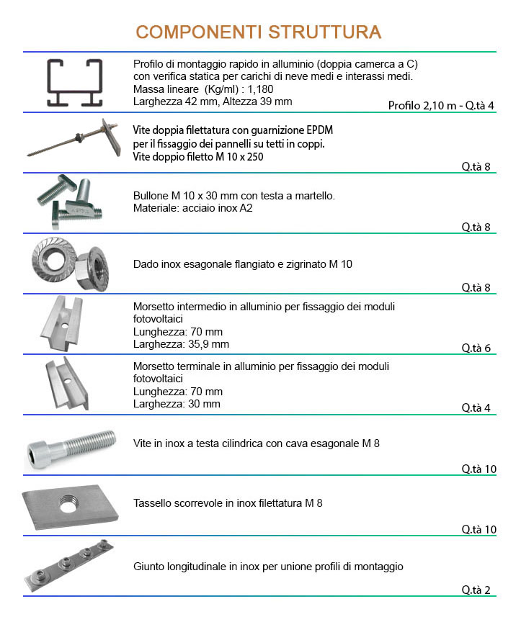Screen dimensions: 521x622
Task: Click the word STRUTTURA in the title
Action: tap(325, 32)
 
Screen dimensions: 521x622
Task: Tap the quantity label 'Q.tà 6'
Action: tap(476, 348)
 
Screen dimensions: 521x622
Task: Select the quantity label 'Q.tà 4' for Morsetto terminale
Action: tap(476, 407)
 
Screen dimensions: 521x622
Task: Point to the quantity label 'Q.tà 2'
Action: tap(476, 590)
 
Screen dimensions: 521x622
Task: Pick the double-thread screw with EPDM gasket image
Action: tap(74, 138)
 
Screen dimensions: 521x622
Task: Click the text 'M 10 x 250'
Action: tap(239, 157)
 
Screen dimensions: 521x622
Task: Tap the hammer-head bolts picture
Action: tap(70, 202)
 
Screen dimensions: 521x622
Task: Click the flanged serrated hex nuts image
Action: tap(70, 263)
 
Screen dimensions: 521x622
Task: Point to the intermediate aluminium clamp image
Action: tap(63, 323)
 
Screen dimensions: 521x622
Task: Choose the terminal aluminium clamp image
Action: tap(66, 383)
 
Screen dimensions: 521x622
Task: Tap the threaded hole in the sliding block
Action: tap(70, 502)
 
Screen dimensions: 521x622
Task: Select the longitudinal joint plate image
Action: tap(68, 565)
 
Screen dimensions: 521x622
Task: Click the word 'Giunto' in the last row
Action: tap(149, 567)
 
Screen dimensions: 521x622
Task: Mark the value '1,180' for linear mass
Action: tap(260, 89)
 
